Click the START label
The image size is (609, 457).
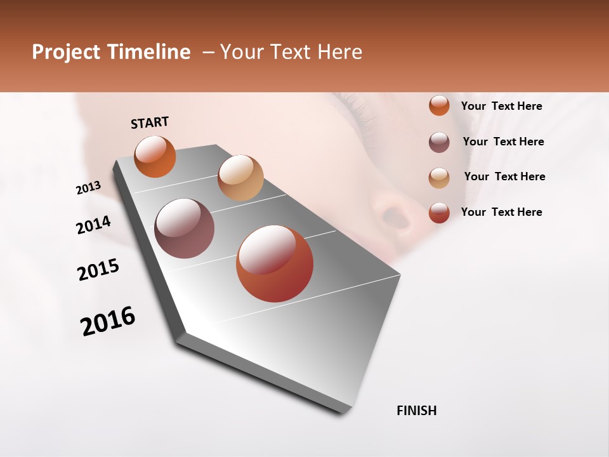click(x=150, y=123)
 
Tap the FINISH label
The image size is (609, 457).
click(x=417, y=411)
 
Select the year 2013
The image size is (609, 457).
click(x=89, y=187)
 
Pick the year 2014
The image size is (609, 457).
click(x=93, y=225)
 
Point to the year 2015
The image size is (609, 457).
click(x=98, y=270)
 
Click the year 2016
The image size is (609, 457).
click(x=108, y=321)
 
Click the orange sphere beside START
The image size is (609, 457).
click(x=155, y=156)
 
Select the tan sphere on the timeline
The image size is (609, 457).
click(x=240, y=178)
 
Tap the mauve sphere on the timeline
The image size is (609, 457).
click(x=185, y=228)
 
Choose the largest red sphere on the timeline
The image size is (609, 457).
click(x=275, y=264)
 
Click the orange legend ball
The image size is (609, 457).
click(x=439, y=105)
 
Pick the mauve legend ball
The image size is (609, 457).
click(x=439, y=142)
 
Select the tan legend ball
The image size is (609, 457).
click(x=439, y=178)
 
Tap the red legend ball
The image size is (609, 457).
click(x=439, y=213)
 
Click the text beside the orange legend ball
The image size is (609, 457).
click(x=501, y=106)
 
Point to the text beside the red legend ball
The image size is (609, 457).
click(x=501, y=212)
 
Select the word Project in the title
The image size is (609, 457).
click(x=67, y=52)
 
